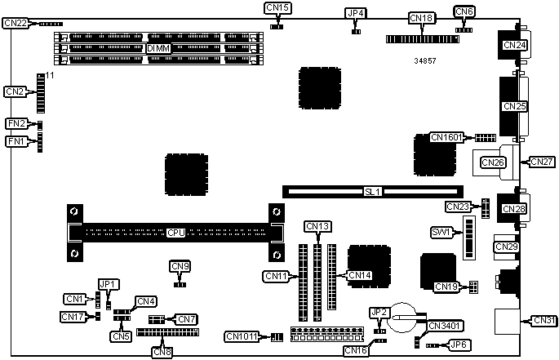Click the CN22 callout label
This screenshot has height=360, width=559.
(16, 24)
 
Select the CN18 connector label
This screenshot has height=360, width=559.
(422, 17)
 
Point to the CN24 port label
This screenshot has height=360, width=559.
(515, 45)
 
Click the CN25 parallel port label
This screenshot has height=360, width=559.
(515, 106)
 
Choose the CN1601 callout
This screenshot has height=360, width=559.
(446, 137)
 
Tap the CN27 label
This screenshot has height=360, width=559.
(543, 162)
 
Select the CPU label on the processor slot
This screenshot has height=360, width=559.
(175, 233)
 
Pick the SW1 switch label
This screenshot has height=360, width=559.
(441, 232)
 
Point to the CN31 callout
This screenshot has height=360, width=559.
(543, 319)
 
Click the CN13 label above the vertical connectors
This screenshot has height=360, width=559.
(317, 226)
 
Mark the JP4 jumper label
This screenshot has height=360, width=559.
(356, 13)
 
